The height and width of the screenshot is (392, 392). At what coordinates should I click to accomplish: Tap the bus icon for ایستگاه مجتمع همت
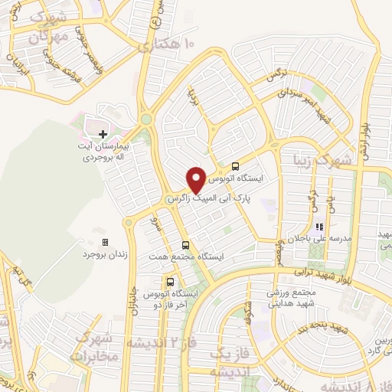185,245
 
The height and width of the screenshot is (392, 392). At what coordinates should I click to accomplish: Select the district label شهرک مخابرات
93,349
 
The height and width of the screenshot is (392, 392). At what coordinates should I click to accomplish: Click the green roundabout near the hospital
145,119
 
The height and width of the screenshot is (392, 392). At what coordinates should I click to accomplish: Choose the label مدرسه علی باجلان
318,239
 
